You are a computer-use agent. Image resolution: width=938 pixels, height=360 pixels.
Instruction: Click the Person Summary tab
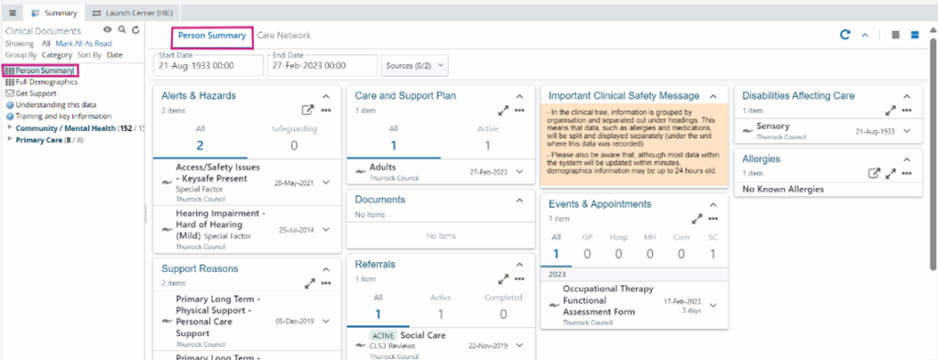[212, 36]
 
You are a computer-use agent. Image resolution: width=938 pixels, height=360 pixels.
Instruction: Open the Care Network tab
[283, 36]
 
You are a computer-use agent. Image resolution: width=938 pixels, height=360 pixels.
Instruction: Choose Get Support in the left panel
[37, 93]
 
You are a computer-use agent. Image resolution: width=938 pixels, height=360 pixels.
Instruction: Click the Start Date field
[205, 66]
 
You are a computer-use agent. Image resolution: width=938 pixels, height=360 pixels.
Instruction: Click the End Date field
[321, 66]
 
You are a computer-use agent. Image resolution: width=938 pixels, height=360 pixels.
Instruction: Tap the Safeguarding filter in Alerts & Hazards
[293, 137]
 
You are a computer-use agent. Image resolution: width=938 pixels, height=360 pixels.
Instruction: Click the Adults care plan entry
[383, 169]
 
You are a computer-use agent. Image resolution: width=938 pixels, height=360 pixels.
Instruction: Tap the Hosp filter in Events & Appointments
[618, 246]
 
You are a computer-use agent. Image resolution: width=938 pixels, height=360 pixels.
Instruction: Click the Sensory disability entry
[780, 126]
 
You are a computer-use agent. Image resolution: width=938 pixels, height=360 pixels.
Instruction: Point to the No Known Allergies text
[783, 190]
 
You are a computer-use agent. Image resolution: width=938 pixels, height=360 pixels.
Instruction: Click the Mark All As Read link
[83, 43]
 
